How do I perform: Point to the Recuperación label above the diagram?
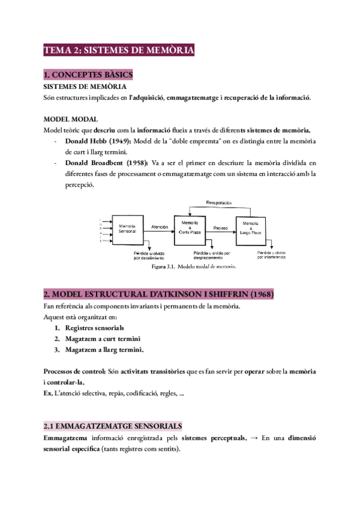click(219, 203)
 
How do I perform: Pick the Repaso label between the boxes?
click(220, 227)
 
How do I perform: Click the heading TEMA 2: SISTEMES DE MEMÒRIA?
click(119, 51)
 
